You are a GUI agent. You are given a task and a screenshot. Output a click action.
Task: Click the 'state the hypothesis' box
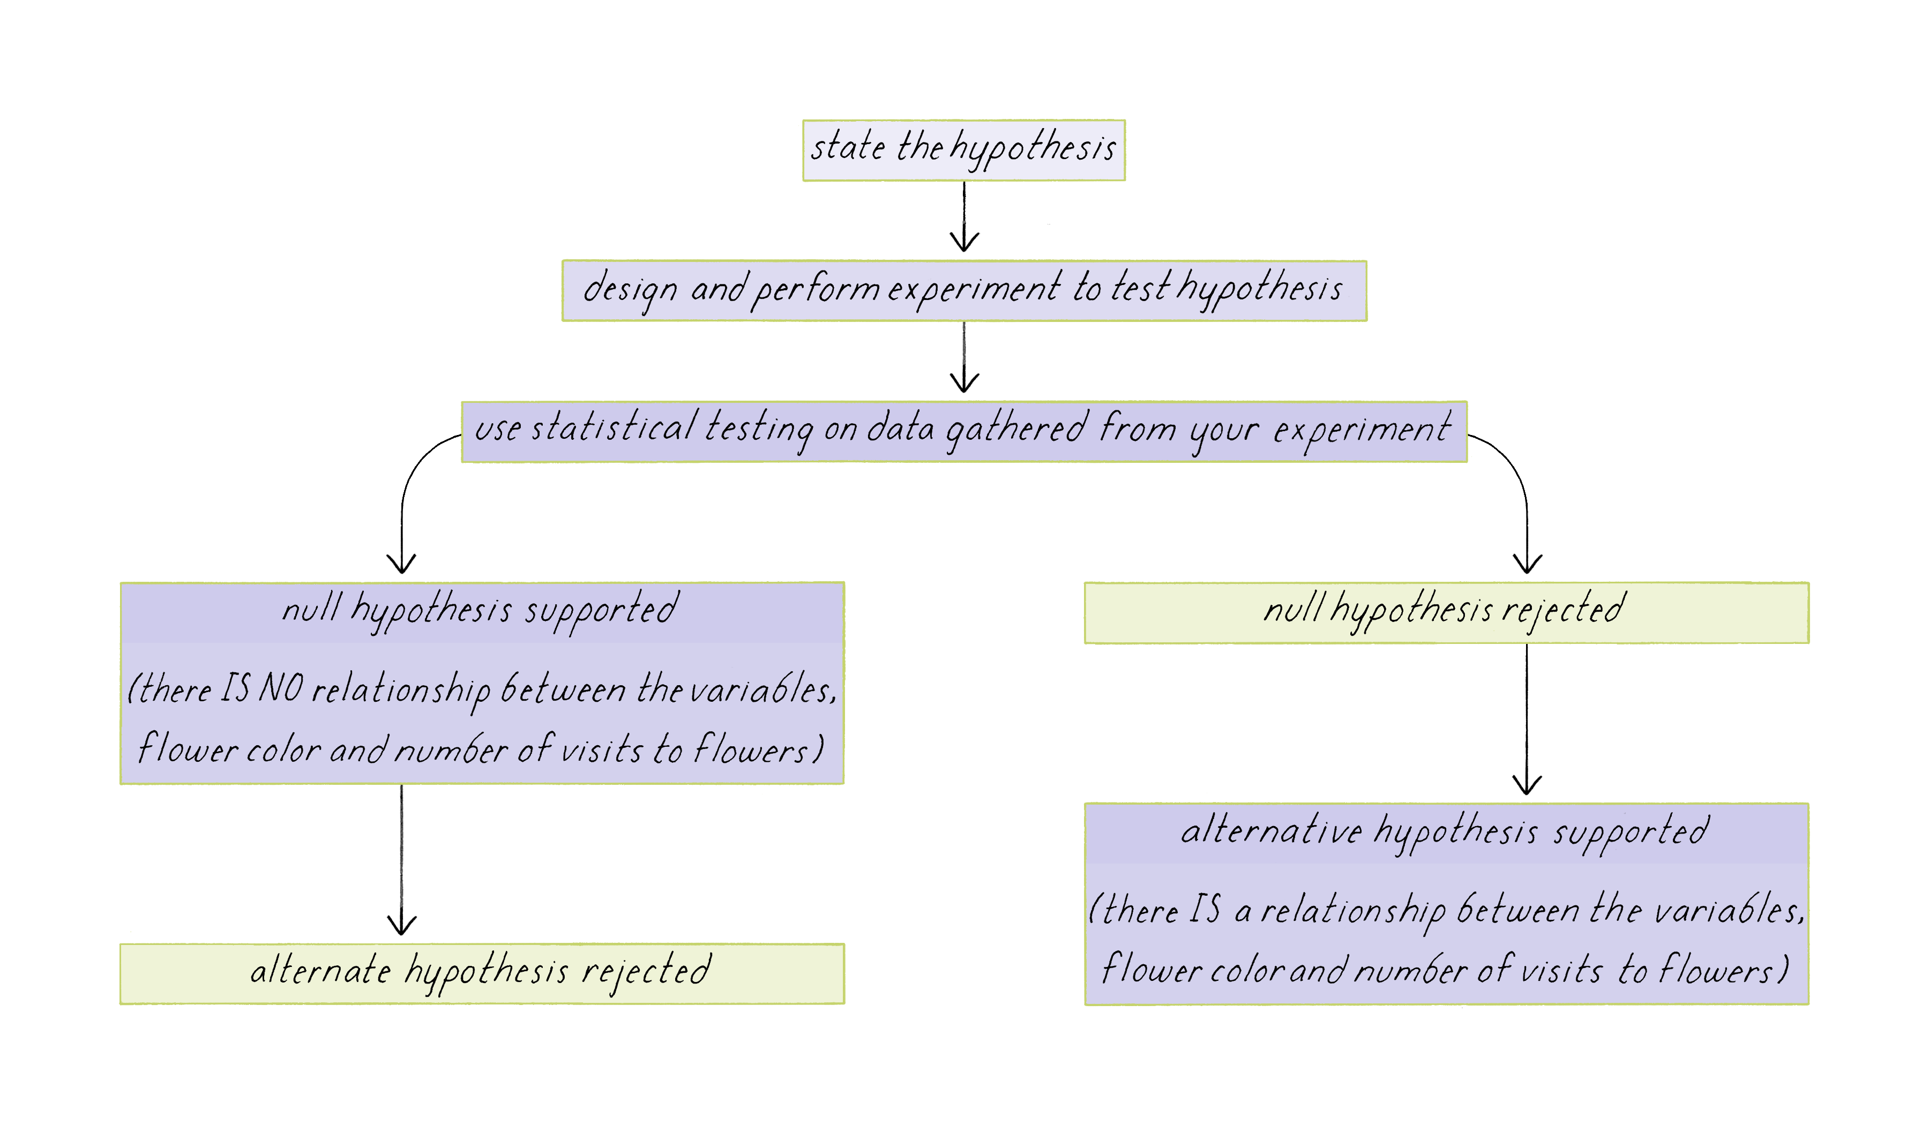[964, 150]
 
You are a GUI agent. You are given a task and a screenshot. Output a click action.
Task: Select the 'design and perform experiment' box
[964, 291]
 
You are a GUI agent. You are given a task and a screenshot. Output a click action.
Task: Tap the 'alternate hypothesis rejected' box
[482, 973]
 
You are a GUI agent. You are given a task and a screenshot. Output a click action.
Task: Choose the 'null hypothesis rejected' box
[1446, 613]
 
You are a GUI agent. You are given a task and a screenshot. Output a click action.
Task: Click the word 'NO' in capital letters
[281, 687]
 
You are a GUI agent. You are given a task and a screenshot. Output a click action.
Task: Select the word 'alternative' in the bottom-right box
[1270, 831]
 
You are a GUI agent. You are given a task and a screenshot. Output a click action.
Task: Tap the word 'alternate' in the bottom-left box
[320, 970]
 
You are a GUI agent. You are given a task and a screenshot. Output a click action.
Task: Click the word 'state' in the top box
[847, 147]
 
